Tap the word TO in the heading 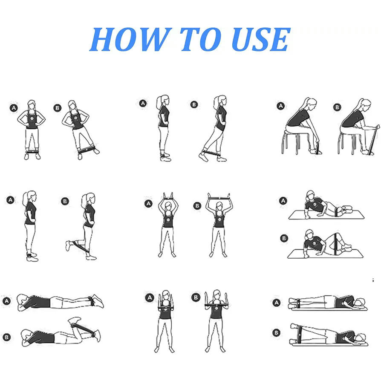pos(201,39)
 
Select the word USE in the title pos(261,39)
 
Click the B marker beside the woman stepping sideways pos(58,108)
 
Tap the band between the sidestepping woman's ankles pos(86,150)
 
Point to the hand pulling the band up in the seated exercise pos(377,127)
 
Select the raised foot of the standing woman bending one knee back pos(68,245)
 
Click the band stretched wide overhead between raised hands pos(219,198)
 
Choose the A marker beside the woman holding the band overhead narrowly pos(148,203)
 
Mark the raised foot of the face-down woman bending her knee pos(74,320)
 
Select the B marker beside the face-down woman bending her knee pos(7,337)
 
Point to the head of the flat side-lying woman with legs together pos(359,303)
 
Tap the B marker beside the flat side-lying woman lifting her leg pos(276,333)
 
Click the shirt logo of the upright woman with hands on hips pos(32,118)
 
